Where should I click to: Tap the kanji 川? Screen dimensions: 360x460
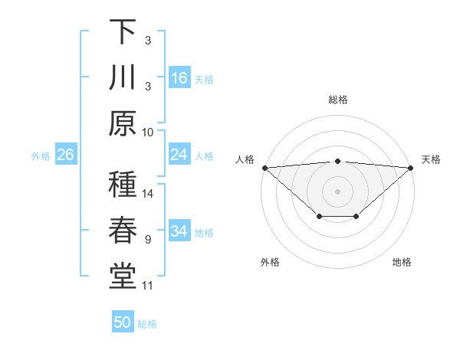pyautogui.click(x=123, y=77)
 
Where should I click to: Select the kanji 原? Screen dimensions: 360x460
pyautogui.click(x=123, y=123)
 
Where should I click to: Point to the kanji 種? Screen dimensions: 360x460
pyautogui.click(x=123, y=185)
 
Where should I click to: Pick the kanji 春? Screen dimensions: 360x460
pyautogui.click(x=123, y=232)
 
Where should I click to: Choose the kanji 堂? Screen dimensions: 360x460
pyautogui.click(x=123, y=278)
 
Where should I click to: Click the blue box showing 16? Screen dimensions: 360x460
pyautogui.click(x=179, y=77)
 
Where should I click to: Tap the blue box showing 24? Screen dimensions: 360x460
pyautogui.click(x=179, y=155)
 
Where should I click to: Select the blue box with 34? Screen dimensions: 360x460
pyautogui.click(x=179, y=232)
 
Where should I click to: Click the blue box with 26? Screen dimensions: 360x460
pyautogui.click(x=65, y=155)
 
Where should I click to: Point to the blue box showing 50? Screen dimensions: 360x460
pyautogui.click(x=123, y=322)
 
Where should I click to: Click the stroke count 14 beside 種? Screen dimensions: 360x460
pyautogui.click(x=149, y=194)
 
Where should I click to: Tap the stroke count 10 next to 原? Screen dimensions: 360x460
pyautogui.click(x=149, y=132)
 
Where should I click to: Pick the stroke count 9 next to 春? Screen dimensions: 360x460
pyautogui.click(x=147, y=240)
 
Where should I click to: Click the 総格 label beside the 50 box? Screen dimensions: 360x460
pyautogui.click(x=147, y=324)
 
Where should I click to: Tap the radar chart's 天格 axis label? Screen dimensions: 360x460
pyautogui.click(x=431, y=159)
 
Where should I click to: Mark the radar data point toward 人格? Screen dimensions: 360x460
pyautogui.click(x=264, y=168)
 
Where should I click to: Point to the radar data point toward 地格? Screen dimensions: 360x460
pyautogui.click(x=356, y=217)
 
